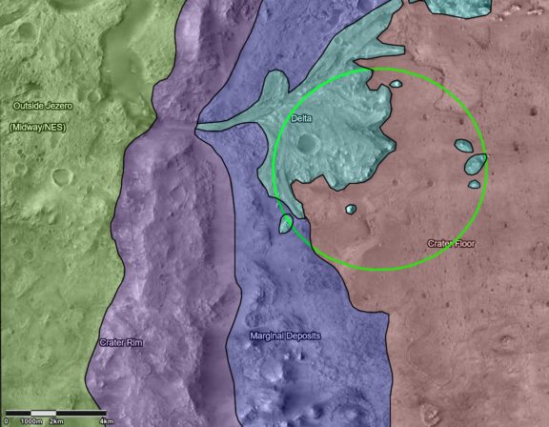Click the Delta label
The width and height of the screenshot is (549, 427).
(x=302, y=118)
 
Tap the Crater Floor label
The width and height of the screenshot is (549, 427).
(x=451, y=244)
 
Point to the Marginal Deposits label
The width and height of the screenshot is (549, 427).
(x=285, y=336)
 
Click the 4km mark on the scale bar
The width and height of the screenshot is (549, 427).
(x=107, y=420)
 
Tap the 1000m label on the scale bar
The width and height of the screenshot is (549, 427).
(x=30, y=420)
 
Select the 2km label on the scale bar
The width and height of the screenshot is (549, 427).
(x=57, y=420)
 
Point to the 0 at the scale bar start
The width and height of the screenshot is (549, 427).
(x=7, y=420)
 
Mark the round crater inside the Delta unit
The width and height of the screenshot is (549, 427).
(x=308, y=145)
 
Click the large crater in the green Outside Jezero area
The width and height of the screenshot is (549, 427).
(x=62, y=176)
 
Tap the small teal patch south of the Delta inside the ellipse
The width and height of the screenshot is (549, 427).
(x=350, y=209)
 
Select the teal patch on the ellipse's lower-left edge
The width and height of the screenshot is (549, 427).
(x=286, y=224)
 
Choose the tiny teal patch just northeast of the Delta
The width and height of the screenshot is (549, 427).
(x=395, y=84)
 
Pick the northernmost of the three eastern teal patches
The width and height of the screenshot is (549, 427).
(x=463, y=147)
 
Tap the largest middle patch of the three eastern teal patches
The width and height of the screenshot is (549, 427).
(x=476, y=164)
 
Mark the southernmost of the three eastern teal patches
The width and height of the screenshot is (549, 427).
(x=474, y=184)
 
